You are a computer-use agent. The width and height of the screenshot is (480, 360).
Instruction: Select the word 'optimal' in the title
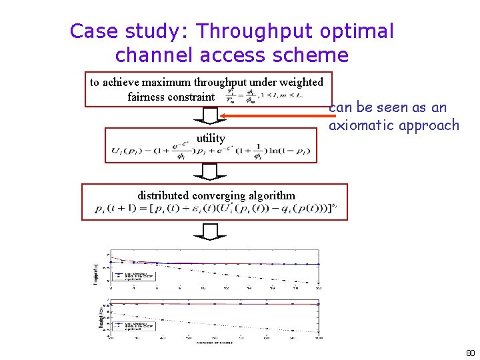[357, 31]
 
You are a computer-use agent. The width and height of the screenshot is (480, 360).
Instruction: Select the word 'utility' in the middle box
[211, 138]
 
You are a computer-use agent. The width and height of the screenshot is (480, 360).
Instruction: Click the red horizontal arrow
[273, 117]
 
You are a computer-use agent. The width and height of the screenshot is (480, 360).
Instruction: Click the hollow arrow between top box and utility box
[210, 116]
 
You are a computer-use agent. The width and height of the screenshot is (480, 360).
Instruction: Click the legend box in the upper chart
[129, 275]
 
